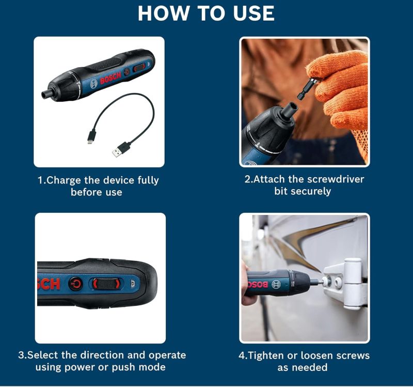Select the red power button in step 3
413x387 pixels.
[x=75, y=284]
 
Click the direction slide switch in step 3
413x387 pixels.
[x=107, y=284]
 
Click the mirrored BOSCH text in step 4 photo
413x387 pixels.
[x=258, y=285]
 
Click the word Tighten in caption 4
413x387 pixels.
[x=266, y=355]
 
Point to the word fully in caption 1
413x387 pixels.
[x=148, y=180]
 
